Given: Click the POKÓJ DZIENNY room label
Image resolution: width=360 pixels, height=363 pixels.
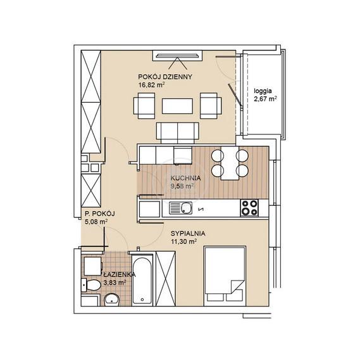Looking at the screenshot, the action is point(165,77).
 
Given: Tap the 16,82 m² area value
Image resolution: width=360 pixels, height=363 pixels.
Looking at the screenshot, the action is point(151,85).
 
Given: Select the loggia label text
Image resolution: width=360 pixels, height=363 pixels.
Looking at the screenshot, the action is point(263,91).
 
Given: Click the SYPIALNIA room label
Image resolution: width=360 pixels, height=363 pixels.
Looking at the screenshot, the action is point(188,233).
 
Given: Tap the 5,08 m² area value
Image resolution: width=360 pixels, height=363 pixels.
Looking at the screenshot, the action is point(96,222).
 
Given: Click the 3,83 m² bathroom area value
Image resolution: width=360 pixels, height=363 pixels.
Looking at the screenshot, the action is point(115,283).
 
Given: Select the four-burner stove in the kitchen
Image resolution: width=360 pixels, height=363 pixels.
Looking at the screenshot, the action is point(249,208).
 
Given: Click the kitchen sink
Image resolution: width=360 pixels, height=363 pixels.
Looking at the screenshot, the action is point(180,208).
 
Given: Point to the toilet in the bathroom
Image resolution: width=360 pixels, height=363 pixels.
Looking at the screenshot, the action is point(91,285).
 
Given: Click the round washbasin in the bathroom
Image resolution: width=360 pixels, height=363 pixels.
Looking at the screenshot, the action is point(112,300).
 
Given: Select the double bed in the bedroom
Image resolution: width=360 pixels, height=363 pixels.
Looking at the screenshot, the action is point(225,276).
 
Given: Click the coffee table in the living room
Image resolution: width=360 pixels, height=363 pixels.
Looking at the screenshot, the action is point(177,106).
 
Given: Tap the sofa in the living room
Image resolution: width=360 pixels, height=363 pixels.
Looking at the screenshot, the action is point(177,132).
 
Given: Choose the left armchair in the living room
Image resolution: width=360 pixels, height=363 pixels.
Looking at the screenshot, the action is point(144,106).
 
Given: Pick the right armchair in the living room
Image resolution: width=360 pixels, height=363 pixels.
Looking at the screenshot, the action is point(211,106).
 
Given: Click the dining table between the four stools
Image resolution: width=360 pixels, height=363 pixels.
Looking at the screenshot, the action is point(230,163).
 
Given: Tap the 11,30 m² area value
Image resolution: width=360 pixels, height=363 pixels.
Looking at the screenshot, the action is point(184,242).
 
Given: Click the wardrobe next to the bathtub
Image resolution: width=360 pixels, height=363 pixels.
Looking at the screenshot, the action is point(166,279).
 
